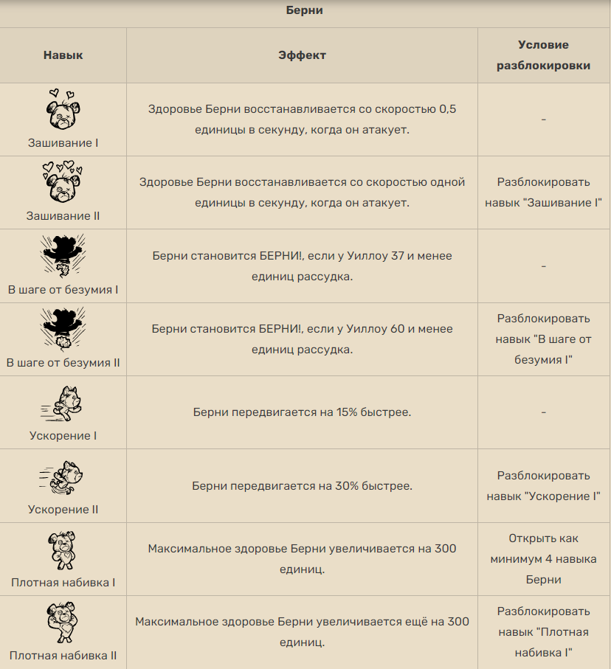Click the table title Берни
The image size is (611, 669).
(304, 11)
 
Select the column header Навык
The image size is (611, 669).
(63, 55)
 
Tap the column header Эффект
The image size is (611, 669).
(302, 55)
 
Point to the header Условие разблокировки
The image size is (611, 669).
(543, 55)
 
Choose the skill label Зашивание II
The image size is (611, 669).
(63, 216)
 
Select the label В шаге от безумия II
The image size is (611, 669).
(63, 363)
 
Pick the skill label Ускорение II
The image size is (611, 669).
(63, 510)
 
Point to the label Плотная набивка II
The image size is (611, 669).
(63, 655)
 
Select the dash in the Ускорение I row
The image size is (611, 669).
(543, 412)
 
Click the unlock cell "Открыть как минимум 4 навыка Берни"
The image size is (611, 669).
(543, 559)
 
